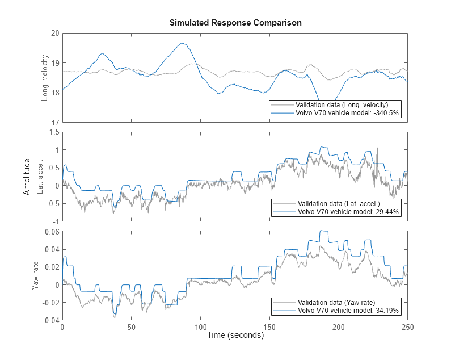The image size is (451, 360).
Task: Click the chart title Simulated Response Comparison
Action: [x=235, y=23]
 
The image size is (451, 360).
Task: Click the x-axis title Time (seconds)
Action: [x=235, y=336]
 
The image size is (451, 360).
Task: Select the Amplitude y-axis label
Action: [x=27, y=177]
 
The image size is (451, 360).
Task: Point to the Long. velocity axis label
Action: [x=45, y=78]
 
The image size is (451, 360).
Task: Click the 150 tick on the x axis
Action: [x=269, y=328]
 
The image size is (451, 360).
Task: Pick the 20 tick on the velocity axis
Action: [x=54, y=33]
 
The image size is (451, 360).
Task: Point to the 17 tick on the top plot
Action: [x=54, y=122]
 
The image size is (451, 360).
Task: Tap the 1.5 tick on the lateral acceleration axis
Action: [x=54, y=132]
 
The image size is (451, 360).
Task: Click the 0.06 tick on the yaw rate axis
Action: [x=52, y=232]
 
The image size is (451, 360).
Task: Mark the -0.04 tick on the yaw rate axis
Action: [x=50, y=320]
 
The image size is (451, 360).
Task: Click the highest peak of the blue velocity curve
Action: [x=182, y=43]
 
